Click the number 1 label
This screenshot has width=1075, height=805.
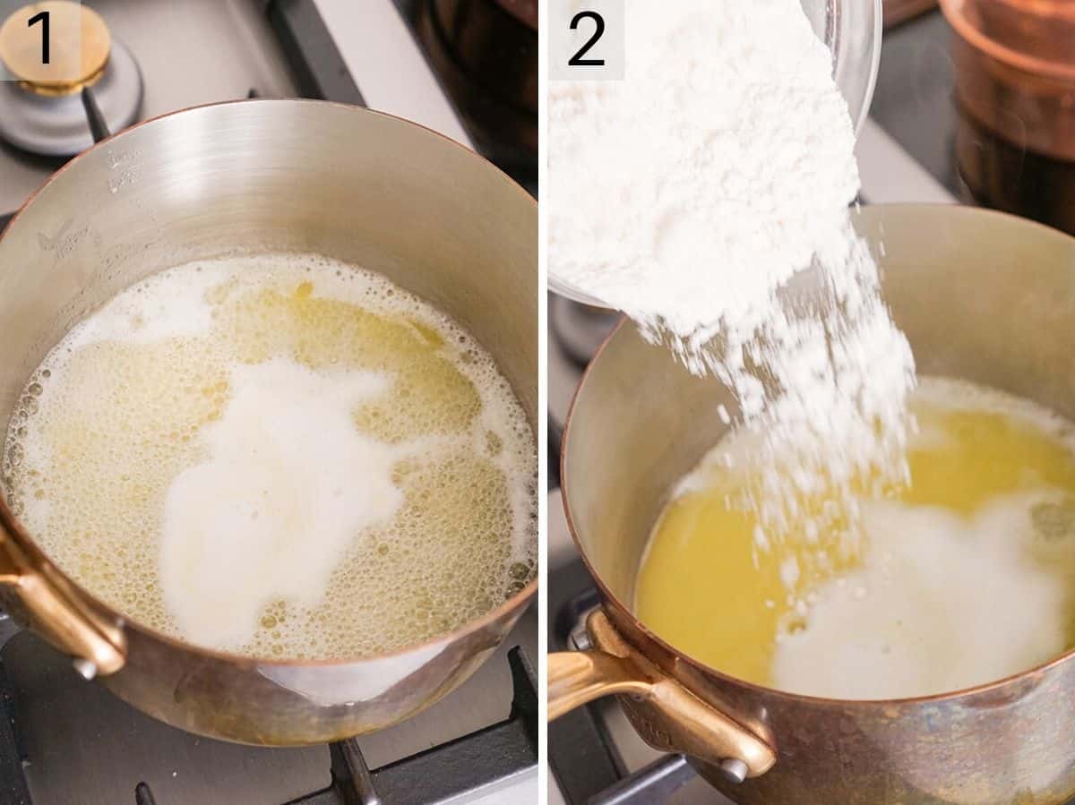[41, 38]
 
